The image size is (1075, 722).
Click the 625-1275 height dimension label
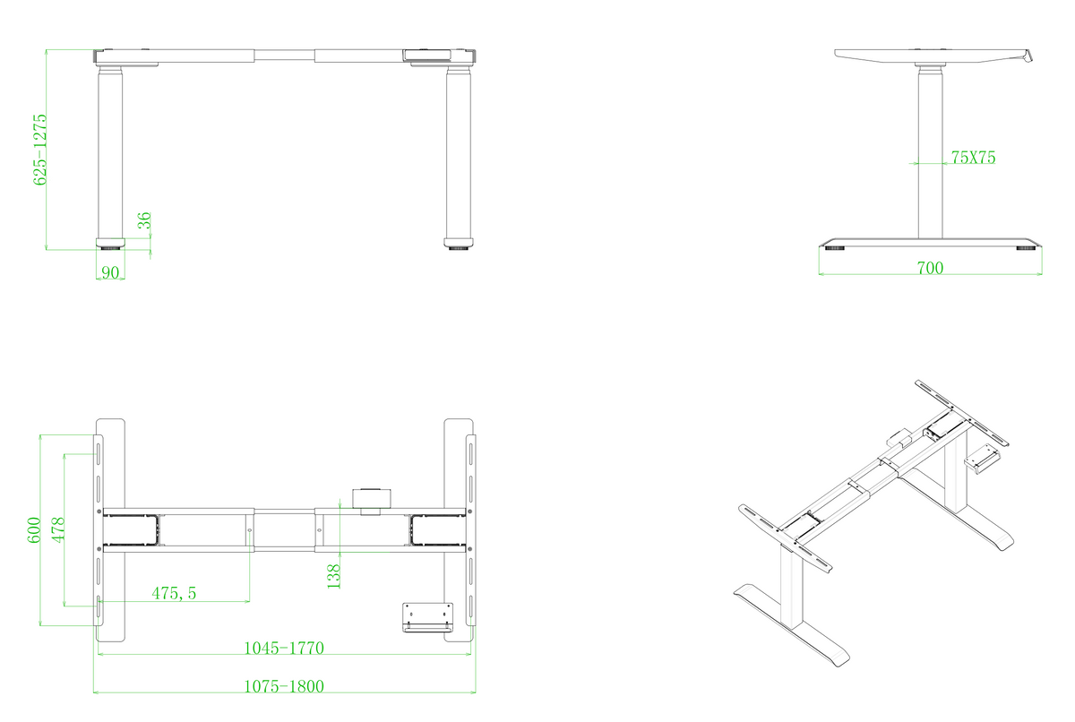[x=39, y=150]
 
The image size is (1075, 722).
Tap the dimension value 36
[x=144, y=220]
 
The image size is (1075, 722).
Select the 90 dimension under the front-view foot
[x=110, y=272]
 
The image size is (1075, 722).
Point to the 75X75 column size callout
[x=973, y=158]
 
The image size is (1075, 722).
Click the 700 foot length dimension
[x=930, y=268]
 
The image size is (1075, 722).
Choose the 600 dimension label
[x=34, y=529]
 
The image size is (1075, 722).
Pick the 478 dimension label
[x=58, y=529]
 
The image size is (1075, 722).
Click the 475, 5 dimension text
[x=174, y=593]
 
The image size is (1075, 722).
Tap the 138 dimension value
[x=333, y=576]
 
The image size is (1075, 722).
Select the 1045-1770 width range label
[x=284, y=649]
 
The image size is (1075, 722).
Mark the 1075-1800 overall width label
[x=284, y=686]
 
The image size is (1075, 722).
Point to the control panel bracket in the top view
[x=427, y=617]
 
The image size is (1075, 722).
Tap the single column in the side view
[x=930, y=152]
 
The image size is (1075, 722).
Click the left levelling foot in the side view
[x=835, y=248]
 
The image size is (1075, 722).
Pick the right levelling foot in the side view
[x=1026, y=248]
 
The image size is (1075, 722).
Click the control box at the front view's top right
[x=426, y=56]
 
